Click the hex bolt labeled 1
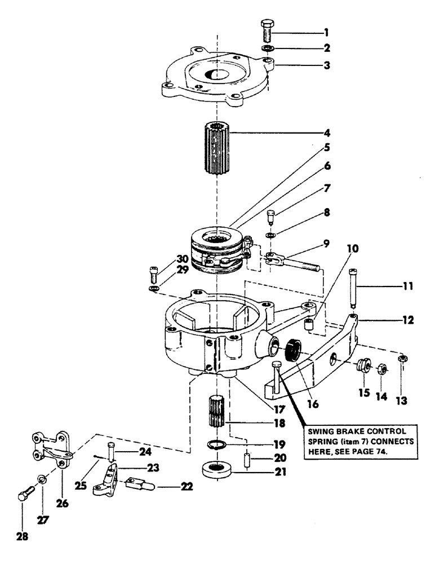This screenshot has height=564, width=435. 268,31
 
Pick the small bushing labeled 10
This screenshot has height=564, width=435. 308,325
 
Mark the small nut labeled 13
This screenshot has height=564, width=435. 402,359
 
